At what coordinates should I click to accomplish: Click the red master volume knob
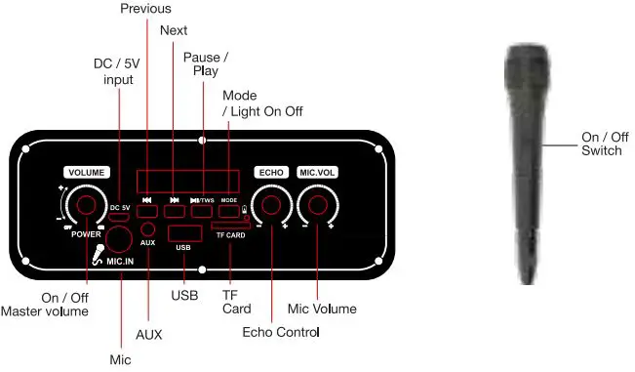tap(86, 204)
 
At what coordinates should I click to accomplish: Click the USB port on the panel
tap(182, 233)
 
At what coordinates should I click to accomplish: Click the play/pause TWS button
tap(202, 210)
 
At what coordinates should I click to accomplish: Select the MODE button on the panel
tap(228, 210)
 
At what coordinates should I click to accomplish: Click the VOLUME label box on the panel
tap(86, 172)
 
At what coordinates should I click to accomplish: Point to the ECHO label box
tap(270, 172)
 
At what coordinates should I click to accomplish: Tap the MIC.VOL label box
tap(317, 172)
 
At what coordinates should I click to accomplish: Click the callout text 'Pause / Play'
tap(202, 64)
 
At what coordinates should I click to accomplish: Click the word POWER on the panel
tap(87, 234)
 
